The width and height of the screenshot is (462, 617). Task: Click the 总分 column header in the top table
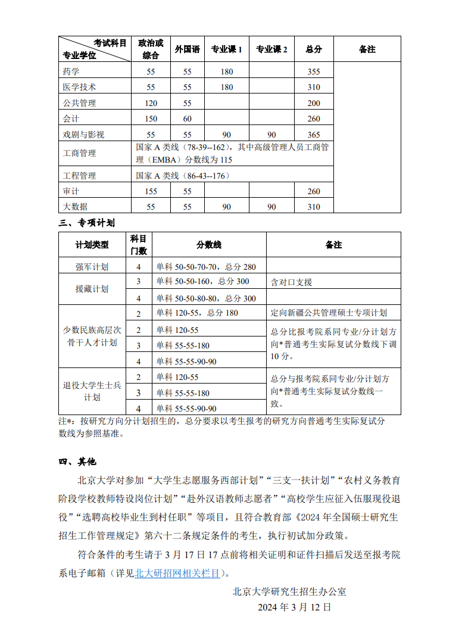314,49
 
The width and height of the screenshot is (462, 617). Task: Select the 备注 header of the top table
367,49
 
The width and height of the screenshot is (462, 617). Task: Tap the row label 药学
71,71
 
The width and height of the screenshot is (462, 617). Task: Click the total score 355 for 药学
314,71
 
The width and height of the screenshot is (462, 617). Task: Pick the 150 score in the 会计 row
151,119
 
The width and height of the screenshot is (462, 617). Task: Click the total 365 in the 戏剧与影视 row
314,135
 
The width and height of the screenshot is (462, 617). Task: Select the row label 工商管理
79,153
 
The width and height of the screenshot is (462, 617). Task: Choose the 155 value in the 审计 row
151,191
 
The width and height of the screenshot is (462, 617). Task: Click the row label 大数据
75,207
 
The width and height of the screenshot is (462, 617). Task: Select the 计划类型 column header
92,245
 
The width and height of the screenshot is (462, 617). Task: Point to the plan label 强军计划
92,267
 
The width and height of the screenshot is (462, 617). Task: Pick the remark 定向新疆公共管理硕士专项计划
329,313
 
